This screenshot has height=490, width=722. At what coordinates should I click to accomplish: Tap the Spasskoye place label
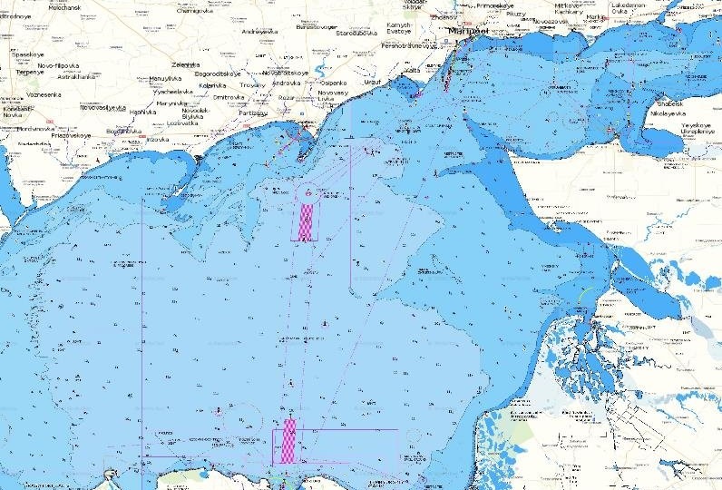(28, 54)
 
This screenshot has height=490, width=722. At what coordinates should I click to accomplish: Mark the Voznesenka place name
(44, 94)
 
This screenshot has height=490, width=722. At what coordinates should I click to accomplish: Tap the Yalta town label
(412, 70)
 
